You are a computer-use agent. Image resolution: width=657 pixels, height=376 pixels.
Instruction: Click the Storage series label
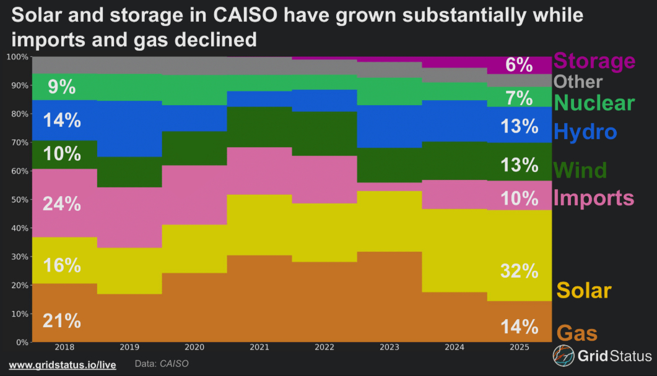(x=594, y=61)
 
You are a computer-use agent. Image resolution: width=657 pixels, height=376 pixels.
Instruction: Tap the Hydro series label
(x=586, y=132)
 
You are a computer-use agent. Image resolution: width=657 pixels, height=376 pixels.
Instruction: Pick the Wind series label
(x=580, y=169)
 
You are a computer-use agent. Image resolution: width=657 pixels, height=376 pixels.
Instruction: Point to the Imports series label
(x=594, y=198)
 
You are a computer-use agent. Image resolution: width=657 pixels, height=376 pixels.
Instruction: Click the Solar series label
(x=584, y=290)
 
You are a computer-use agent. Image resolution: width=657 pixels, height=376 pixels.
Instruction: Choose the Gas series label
(x=578, y=333)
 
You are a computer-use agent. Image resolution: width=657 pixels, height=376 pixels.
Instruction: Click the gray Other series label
(x=578, y=82)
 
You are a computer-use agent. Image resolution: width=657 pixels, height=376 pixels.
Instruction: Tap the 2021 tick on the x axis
(x=259, y=349)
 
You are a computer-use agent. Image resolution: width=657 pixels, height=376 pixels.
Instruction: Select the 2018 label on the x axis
(x=64, y=349)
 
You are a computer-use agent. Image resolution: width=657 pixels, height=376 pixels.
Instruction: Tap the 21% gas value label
(x=61, y=321)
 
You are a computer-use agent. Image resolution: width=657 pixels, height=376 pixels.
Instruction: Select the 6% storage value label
(x=519, y=64)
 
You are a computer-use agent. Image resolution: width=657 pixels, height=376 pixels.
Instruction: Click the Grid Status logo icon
(x=563, y=356)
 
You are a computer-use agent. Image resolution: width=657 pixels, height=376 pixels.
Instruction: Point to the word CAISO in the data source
(x=174, y=364)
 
